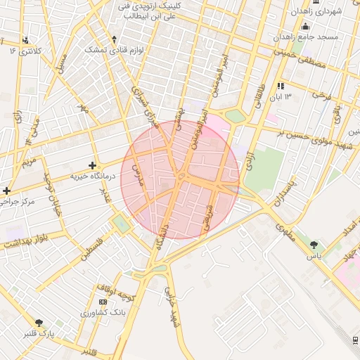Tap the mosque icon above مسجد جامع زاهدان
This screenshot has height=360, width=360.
[304, 26]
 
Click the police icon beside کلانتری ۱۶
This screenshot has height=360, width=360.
[26, 40]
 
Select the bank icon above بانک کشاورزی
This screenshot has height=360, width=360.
[103, 302]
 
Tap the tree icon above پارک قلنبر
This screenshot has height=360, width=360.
[39, 323]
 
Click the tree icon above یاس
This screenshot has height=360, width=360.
[313, 245]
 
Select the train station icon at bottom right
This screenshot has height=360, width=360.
[355, 341]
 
